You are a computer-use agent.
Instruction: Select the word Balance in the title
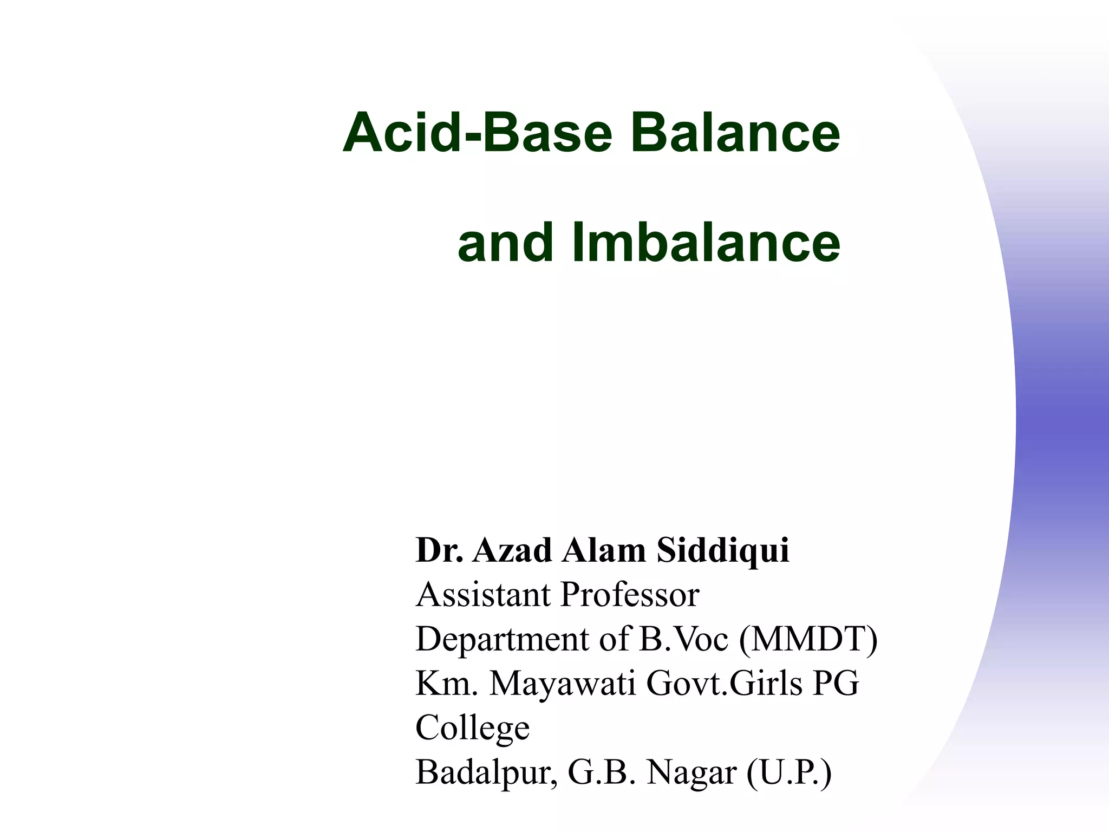(735, 133)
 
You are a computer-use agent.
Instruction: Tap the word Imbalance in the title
(706, 243)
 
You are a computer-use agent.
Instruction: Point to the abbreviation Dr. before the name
(439, 550)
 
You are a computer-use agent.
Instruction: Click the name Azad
(512, 550)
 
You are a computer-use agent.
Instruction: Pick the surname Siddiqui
(723, 551)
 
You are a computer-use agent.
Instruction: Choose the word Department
(501, 639)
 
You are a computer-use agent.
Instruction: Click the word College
(472, 729)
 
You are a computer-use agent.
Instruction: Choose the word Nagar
(692, 773)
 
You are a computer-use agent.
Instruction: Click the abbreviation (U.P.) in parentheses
(788, 773)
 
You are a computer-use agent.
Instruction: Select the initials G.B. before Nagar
(601, 773)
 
